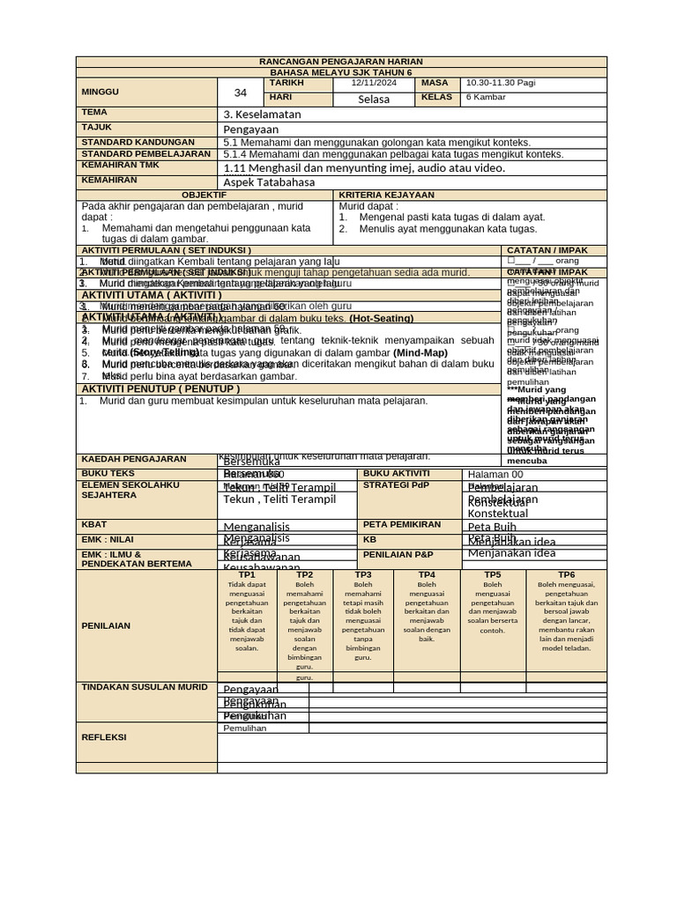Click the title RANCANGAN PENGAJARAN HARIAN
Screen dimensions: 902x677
[x=340, y=62]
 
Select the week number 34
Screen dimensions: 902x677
[x=241, y=92]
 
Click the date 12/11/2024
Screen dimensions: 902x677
[x=376, y=83]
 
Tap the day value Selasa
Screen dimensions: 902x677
[x=374, y=99]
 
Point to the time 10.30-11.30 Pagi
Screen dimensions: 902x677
[x=500, y=83]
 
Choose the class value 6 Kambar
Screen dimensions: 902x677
[x=486, y=97]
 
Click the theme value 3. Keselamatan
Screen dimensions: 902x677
[x=263, y=115]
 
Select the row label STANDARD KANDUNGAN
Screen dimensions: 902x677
[x=138, y=142]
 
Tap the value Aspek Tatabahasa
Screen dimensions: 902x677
[x=269, y=182]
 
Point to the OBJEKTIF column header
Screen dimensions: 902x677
[x=204, y=195]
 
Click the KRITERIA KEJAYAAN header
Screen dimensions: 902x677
[x=386, y=195]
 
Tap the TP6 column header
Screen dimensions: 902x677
[x=566, y=575]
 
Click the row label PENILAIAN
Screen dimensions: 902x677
[x=106, y=625]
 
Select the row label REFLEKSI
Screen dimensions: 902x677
[x=104, y=737]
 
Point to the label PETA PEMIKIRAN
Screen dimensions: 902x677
[x=402, y=524]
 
